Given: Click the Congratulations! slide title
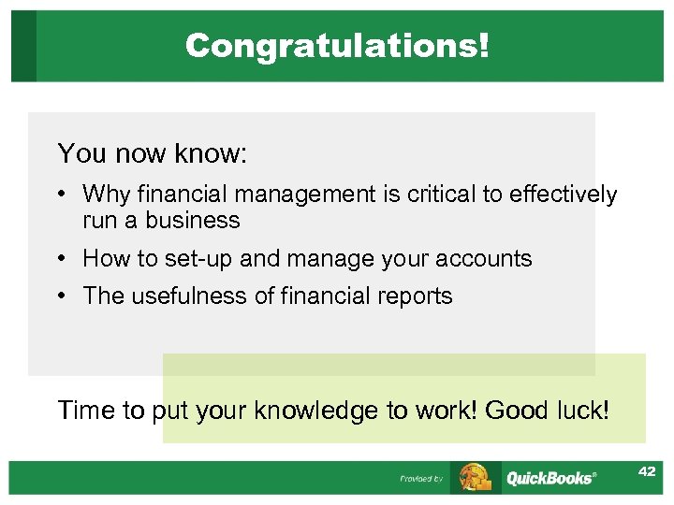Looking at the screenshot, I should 337,45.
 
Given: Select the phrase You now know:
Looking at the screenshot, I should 152,153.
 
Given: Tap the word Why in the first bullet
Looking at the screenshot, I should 107,195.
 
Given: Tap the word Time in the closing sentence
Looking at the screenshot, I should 86,410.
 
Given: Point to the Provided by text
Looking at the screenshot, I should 421,479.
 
